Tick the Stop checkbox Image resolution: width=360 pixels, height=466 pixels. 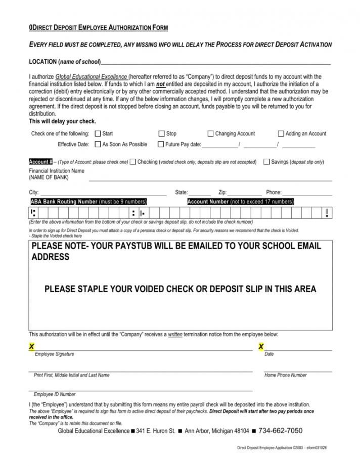161,134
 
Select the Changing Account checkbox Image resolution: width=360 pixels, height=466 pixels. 210,134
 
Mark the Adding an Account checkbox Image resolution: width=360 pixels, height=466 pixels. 281,134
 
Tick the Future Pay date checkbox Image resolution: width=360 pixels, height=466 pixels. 161,145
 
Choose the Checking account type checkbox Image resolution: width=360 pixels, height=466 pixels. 132,162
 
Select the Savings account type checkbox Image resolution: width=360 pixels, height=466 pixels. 266,162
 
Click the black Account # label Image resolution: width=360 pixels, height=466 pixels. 41,162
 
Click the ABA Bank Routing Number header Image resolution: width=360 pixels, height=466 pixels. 88,202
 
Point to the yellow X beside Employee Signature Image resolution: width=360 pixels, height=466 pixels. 31,346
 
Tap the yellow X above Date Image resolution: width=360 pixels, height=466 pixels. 261,346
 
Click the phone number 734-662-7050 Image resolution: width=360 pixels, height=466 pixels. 280,431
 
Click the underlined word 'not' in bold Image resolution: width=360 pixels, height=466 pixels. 161,84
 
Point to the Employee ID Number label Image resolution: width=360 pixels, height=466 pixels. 55,394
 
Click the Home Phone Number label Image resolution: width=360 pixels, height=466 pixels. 285,375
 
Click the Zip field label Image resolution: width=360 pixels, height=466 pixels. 222,193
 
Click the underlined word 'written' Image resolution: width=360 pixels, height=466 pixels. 174,335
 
